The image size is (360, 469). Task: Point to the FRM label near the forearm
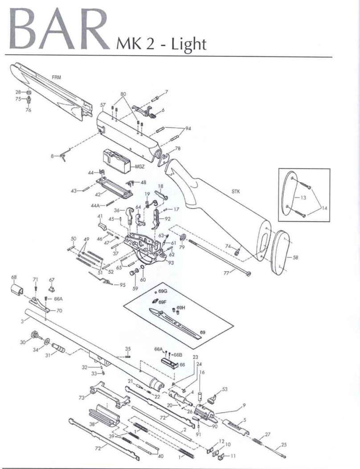(57, 77)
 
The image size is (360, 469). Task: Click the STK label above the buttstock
(236, 191)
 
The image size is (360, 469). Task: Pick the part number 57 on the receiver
(103, 105)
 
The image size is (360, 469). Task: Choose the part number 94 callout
(188, 128)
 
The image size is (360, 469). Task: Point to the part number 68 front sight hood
(13, 277)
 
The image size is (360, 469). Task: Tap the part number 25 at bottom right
(284, 444)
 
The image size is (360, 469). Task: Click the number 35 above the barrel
(127, 349)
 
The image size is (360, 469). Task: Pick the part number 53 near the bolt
(225, 389)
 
